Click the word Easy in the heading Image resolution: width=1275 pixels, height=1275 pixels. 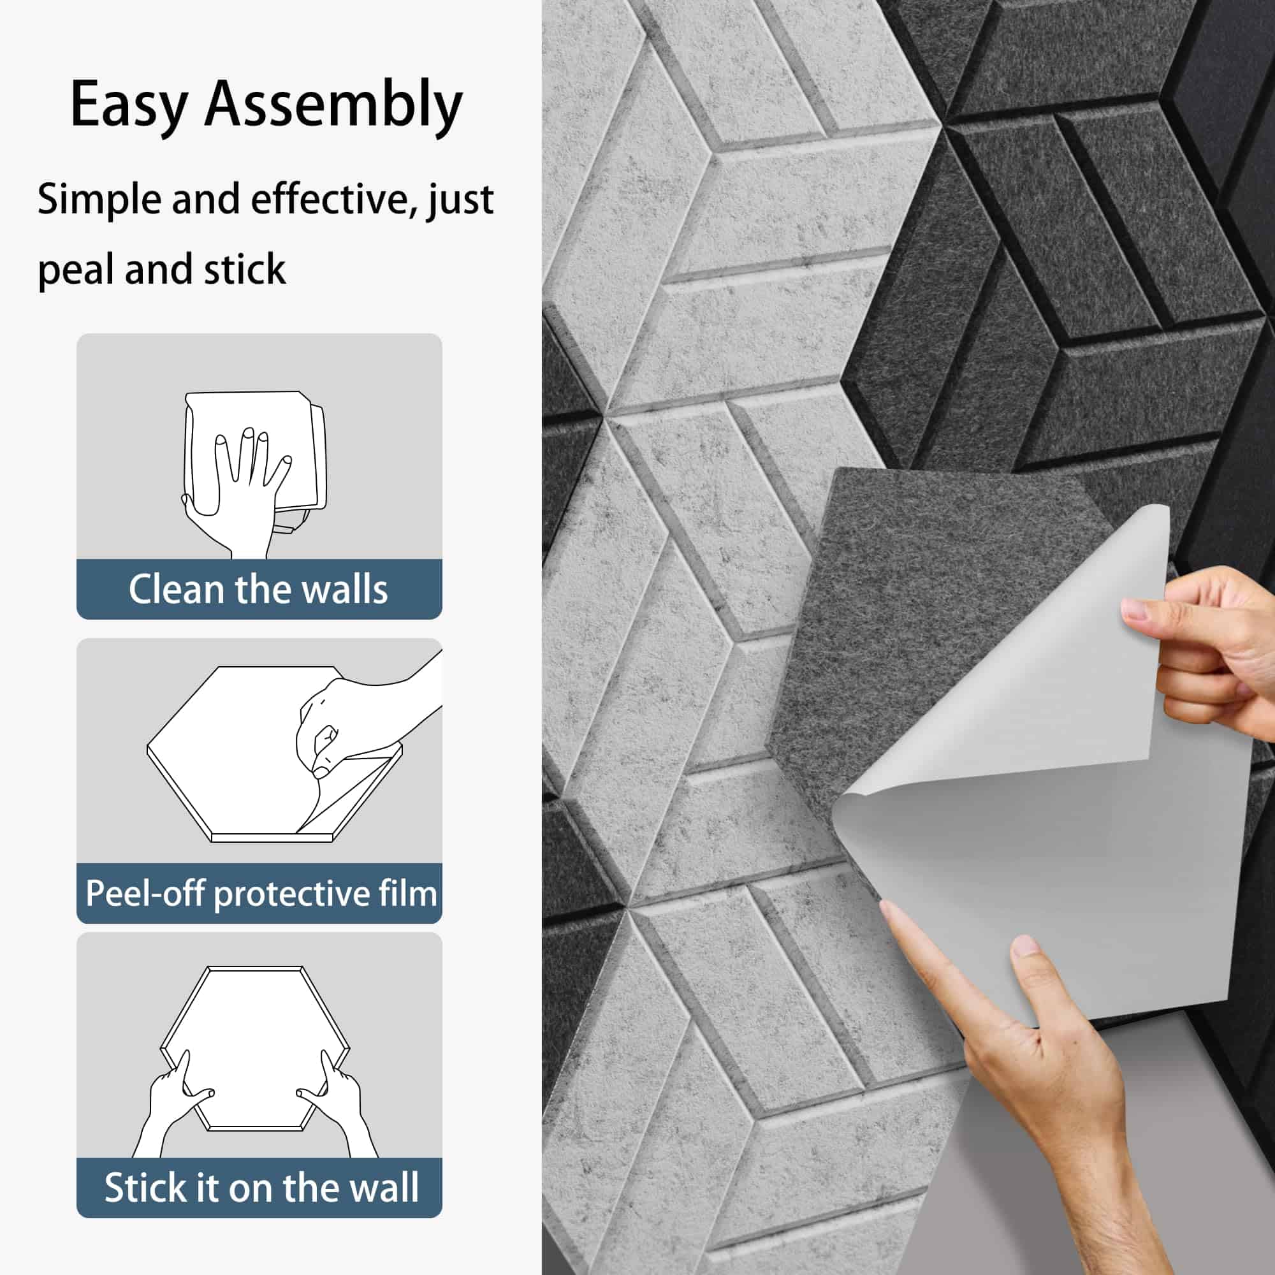pos(129,105)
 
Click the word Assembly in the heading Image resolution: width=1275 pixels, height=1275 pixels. pos(333,105)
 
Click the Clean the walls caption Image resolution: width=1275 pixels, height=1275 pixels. pos(258,589)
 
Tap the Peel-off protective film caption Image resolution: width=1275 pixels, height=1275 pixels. pos(261,894)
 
